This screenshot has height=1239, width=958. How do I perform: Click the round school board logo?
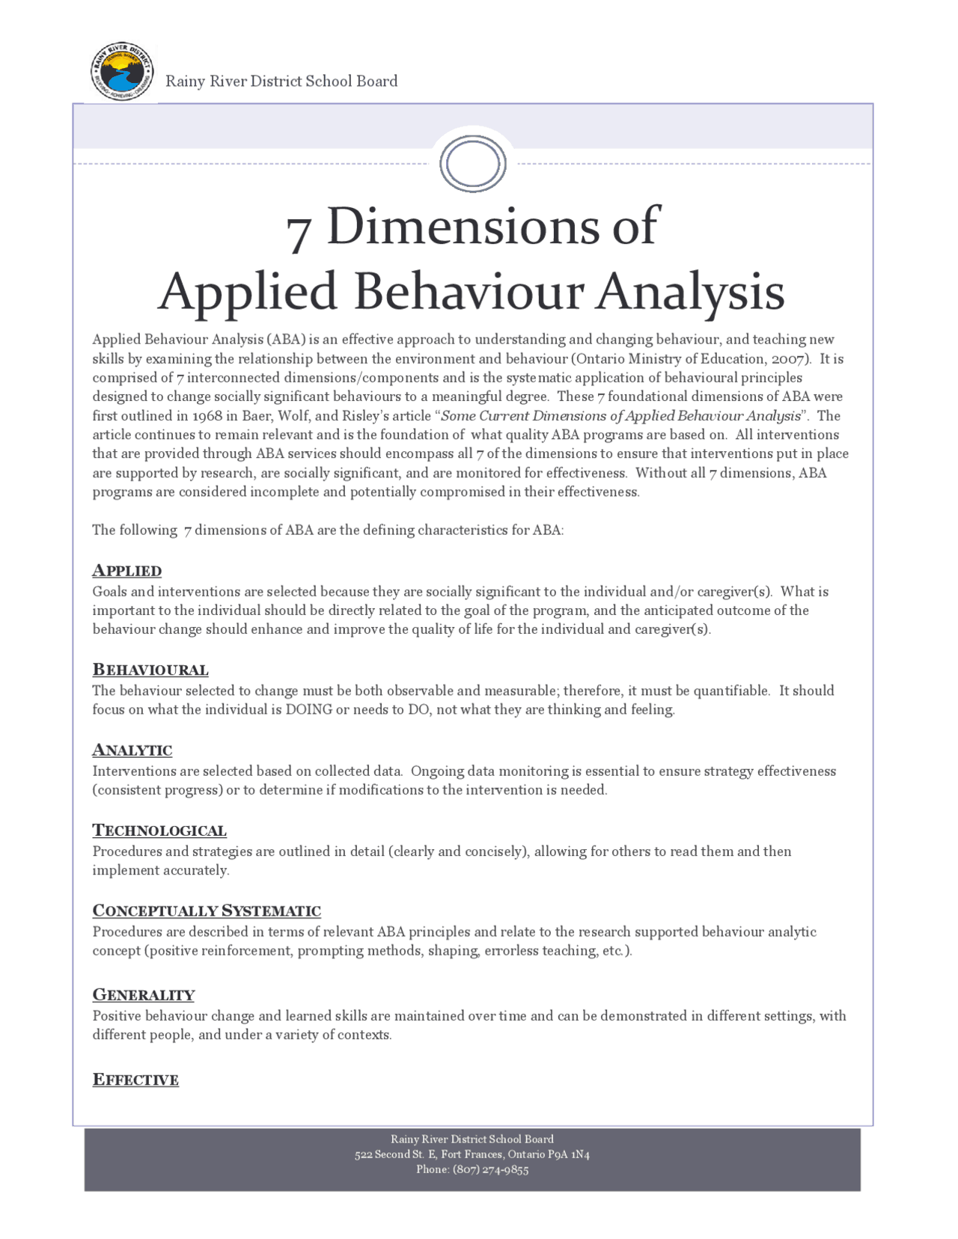(x=121, y=72)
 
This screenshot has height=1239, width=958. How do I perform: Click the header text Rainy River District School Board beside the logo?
(x=281, y=81)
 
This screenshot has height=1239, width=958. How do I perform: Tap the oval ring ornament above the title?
(x=473, y=163)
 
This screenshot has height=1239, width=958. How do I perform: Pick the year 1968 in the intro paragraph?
(x=207, y=416)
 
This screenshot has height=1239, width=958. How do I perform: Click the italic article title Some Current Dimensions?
(x=620, y=416)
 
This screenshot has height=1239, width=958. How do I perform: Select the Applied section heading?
(x=126, y=571)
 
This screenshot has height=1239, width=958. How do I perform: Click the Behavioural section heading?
(x=150, y=670)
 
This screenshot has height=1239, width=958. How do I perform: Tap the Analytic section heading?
(x=132, y=750)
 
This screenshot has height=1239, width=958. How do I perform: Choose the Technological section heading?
(x=159, y=830)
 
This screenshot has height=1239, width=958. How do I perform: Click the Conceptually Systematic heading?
(x=206, y=911)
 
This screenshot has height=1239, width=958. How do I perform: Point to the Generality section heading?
(x=143, y=995)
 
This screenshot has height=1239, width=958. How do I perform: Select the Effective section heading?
(x=135, y=1080)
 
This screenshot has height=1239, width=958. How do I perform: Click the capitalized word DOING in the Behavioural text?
(x=308, y=710)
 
